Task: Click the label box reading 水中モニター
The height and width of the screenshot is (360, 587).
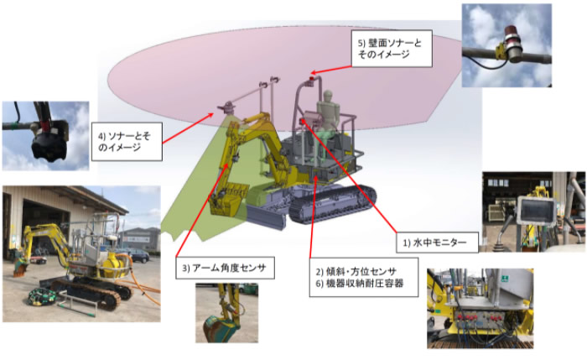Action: pyautogui.click(x=437, y=243)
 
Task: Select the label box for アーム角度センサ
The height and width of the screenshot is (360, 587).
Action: pyautogui.click(x=225, y=268)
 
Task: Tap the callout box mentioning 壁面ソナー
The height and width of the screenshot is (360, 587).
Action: pyautogui.click(x=392, y=49)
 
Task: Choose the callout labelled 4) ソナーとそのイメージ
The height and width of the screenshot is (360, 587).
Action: pyautogui.click(x=127, y=142)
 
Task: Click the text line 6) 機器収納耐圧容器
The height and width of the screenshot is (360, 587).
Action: pyautogui.click(x=360, y=283)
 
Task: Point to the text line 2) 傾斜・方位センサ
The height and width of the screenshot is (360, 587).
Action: pyautogui.click(x=356, y=271)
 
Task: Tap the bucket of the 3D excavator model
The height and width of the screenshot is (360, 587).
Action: pyautogui.click(x=227, y=199)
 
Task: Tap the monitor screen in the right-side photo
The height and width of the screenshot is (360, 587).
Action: pyautogui.click(x=536, y=211)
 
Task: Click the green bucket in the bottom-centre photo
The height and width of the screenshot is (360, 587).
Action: pyautogui.click(x=221, y=327)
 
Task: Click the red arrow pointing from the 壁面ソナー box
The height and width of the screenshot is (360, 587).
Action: pyautogui.click(x=331, y=70)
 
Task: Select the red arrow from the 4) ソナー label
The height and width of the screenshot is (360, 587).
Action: pyautogui.click(x=188, y=128)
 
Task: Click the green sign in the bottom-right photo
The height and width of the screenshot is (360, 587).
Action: pyautogui.click(x=505, y=279)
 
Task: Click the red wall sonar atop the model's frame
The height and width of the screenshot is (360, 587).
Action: pyautogui.click(x=311, y=78)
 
